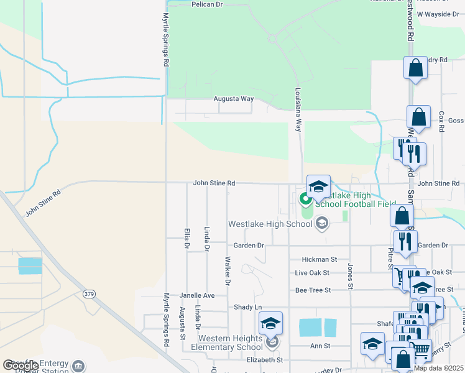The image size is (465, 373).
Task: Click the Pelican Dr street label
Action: coord(208,4)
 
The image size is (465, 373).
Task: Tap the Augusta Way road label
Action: coord(234,99)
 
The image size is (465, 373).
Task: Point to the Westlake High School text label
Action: coord(270,224)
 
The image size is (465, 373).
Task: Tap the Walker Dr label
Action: coord(228,271)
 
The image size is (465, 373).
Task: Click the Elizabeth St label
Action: coord(264,359)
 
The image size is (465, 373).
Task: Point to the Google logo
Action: coord(21,366)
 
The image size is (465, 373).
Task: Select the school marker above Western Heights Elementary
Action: coord(271,323)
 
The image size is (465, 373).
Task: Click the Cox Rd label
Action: coord(441,121)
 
